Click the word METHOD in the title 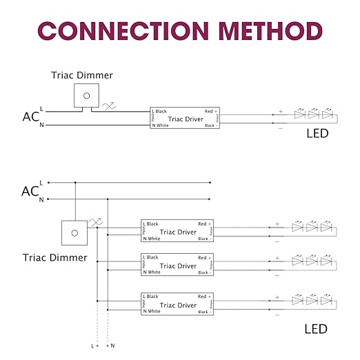(266, 31)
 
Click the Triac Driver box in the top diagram (184, 118)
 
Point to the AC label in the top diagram (29, 117)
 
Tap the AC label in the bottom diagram (29, 191)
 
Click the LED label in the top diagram (317, 134)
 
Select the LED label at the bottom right (317, 330)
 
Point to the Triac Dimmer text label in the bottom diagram (54, 257)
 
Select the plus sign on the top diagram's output (280, 111)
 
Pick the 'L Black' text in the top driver (159, 111)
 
